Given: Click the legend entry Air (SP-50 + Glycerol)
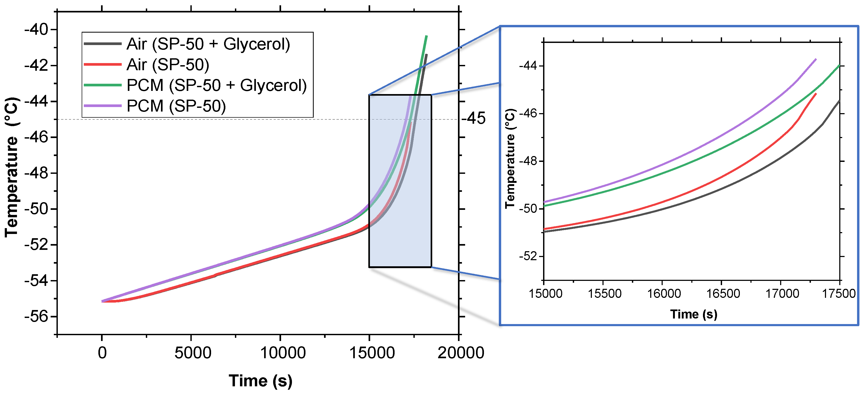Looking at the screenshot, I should coord(208,44).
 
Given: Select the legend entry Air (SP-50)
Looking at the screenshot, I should coord(168,64).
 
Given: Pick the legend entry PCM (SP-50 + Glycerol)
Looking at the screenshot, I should coord(216,85).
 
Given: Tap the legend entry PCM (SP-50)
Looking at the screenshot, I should coord(176,106).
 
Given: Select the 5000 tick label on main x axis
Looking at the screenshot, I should coord(193,353).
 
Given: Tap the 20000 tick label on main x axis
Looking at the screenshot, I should coord(460,353).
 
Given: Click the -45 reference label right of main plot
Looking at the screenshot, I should coord(473,118).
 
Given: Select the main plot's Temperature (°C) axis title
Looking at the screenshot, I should coord(11,167).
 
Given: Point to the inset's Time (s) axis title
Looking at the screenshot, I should coord(693,315).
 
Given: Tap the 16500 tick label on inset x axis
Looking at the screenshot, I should coord(723,294).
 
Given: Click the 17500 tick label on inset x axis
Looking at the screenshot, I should coord(838,294).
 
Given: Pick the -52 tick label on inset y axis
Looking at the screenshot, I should coord(528,256).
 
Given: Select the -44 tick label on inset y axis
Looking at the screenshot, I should coord(528,66).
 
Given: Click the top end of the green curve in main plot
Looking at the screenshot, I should coord(426,36).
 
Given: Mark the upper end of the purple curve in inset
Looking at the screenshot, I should coord(816,59).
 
